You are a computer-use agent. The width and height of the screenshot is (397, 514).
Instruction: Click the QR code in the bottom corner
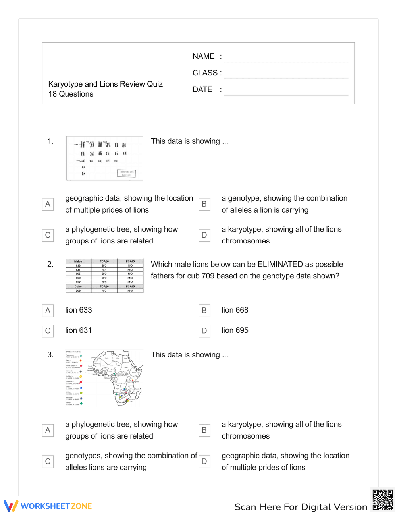pos(382,500)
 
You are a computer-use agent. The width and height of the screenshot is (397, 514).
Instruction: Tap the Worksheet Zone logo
pos(48,506)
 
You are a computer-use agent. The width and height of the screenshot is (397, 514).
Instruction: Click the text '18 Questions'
pos(71,94)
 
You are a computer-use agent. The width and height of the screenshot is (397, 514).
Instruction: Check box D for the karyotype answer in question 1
pos(204,235)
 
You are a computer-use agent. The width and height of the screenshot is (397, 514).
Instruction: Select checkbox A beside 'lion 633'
pos(48,311)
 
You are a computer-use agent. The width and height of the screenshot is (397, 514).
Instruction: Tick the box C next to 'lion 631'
pos(48,331)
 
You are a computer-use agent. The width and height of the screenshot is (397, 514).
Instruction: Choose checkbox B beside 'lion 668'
pos(204,311)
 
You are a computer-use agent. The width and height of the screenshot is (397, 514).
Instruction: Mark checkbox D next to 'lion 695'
pos(204,331)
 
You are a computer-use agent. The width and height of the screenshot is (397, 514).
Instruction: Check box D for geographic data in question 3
pos(204,462)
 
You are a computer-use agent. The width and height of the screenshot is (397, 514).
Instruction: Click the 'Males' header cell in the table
pos(78,261)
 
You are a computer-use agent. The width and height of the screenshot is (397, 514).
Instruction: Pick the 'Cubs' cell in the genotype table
pos(78,286)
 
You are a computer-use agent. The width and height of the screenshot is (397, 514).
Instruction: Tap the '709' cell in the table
pos(78,291)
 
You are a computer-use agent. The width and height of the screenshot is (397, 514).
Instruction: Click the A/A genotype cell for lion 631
pos(104,270)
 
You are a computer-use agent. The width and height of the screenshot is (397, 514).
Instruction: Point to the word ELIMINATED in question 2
pos(280,265)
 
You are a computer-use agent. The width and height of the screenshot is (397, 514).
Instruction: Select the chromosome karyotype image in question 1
pos(104,158)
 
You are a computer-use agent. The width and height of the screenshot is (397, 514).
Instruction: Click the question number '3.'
pos(50,355)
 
